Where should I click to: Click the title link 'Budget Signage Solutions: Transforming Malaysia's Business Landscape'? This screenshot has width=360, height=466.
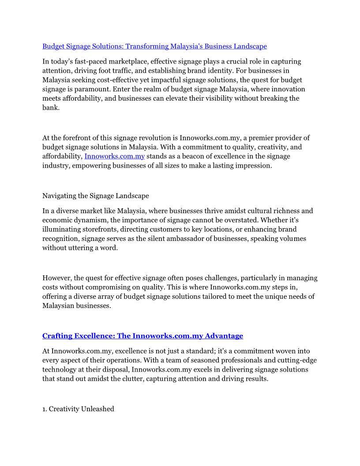[x=154, y=46]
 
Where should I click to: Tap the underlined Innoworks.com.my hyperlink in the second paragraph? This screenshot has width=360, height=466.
[x=114, y=156]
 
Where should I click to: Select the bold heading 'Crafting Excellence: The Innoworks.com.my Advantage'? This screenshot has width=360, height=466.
[x=142, y=336]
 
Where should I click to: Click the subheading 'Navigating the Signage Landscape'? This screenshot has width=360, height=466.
[x=95, y=196]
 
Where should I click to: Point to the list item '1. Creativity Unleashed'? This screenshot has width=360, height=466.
[x=78, y=409]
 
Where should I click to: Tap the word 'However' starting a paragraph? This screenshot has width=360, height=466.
[x=56, y=278]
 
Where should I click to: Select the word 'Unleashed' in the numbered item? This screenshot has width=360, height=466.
[x=98, y=409]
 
